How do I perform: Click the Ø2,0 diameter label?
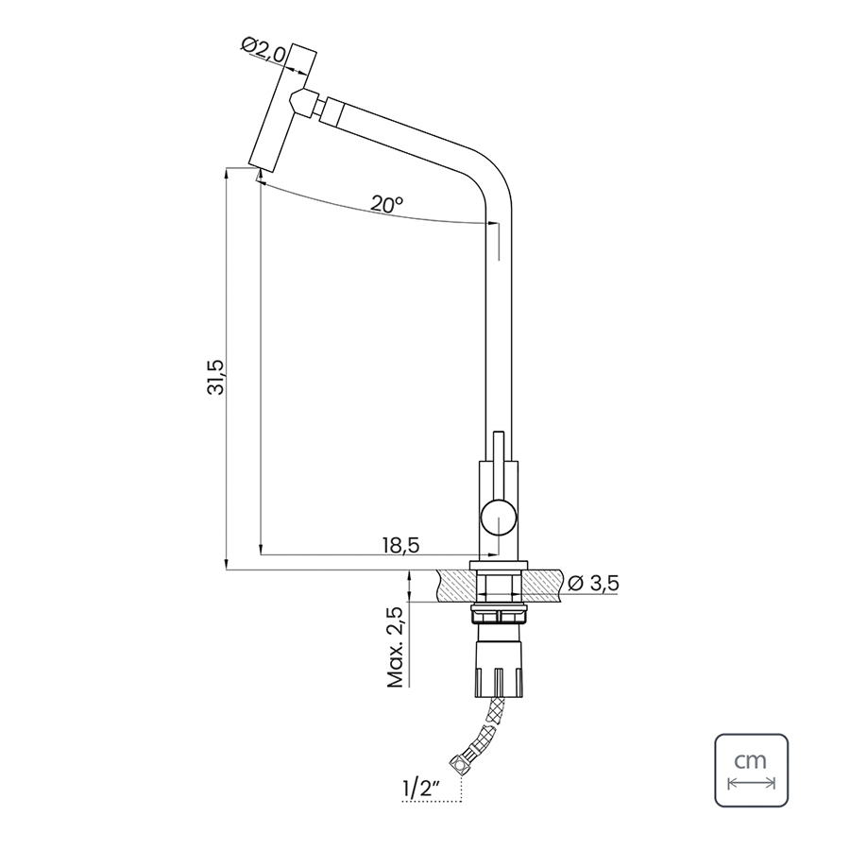(263, 51)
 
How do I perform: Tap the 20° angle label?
(387, 204)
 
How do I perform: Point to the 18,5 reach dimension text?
(401, 545)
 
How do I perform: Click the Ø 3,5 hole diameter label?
(593, 584)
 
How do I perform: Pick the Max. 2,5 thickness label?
(396, 647)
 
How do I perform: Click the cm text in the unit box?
(751, 760)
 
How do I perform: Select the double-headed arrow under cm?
(751, 783)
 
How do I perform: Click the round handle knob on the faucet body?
(499, 517)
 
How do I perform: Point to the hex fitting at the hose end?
(459, 765)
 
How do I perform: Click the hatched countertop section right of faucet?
(542, 585)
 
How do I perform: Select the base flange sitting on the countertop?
(499, 565)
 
